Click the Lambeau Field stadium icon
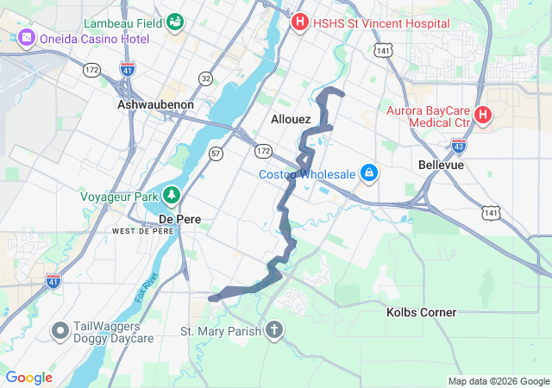click(176, 20)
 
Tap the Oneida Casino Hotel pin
click(25, 39)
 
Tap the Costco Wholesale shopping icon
click(369, 173)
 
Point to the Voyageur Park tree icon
click(172, 196)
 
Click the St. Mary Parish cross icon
click(273, 330)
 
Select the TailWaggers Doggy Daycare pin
click(60, 330)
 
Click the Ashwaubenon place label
click(155, 104)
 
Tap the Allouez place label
click(290, 119)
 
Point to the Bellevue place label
click(441, 164)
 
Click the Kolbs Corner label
click(421, 312)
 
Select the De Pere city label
click(179, 219)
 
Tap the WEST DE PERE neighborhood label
click(142, 232)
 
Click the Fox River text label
click(144, 290)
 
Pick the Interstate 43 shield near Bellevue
click(459, 146)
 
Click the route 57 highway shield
click(216, 153)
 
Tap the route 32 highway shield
click(205, 78)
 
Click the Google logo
click(29, 378)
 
